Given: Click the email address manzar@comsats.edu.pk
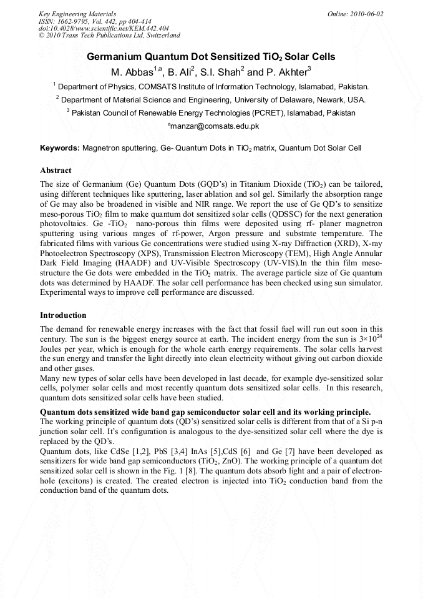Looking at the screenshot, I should pyautogui.click(x=213, y=126).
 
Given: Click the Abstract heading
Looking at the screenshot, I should pyautogui.click(x=56, y=171).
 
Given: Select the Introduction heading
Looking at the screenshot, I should pyautogui.click(x=63, y=315).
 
